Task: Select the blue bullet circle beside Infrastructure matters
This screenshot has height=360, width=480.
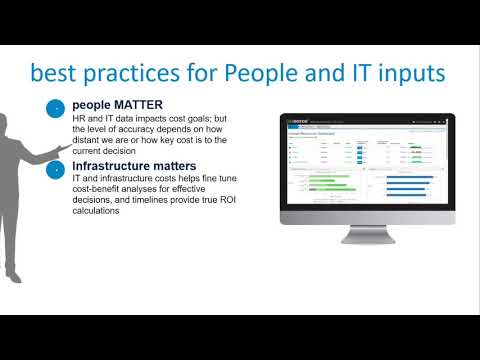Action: pos(57,169)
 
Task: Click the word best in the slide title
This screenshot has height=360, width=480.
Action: pos(58,74)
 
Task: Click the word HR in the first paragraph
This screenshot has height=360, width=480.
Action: pos(79,119)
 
